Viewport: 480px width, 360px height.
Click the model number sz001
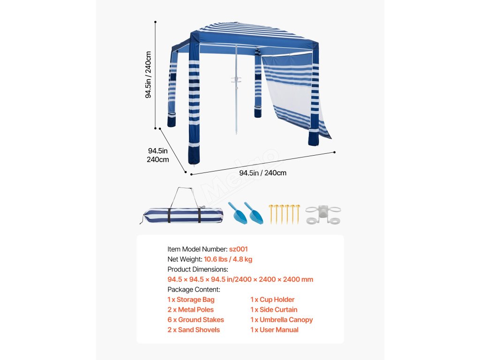[239, 249]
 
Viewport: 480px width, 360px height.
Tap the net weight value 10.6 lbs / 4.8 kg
[228, 259]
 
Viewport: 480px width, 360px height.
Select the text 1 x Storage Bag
[191, 300]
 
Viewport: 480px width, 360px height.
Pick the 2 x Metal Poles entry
[190, 310]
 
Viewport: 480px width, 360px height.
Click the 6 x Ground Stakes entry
[195, 320]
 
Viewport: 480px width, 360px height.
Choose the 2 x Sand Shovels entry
[194, 330]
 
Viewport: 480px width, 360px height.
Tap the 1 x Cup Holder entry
[272, 300]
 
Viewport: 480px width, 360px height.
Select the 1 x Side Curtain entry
[274, 310]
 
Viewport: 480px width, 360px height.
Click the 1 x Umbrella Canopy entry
[281, 320]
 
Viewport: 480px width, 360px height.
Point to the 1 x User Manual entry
[274, 330]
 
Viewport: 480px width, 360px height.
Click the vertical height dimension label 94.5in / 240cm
[148, 75]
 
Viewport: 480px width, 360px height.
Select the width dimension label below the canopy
[262, 173]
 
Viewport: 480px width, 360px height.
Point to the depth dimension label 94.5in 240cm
[158, 155]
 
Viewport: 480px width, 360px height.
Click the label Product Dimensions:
[198, 270]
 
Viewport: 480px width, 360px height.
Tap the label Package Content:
[194, 290]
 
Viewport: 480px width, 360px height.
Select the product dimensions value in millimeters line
[240, 279]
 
